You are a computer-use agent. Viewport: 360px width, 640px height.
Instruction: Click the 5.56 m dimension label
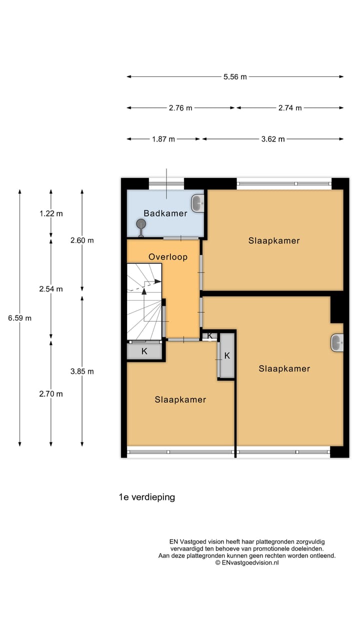(235, 77)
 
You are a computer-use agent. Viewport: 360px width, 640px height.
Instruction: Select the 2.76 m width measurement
(180, 108)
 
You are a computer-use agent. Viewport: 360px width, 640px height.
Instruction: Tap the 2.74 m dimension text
(290, 108)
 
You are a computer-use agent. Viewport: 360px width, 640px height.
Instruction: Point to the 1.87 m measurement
(163, 139)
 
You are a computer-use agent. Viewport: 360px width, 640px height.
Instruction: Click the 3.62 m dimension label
(272, 139)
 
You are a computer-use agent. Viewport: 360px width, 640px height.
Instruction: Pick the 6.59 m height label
(20, 318)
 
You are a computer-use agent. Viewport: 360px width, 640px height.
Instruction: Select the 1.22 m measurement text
(51, 213)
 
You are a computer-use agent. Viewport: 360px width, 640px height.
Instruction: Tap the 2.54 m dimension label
(51, 289)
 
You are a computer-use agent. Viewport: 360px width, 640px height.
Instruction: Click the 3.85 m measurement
(82, 371)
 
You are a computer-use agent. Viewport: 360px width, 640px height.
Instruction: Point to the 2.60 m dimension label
(82, 240)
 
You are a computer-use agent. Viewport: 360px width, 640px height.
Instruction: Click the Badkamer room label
(165, 213)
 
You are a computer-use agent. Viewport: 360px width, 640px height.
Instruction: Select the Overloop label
(168, 257)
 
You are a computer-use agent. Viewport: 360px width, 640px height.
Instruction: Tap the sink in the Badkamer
(197, 203)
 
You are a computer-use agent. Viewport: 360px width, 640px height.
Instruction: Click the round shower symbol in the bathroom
(141, 225)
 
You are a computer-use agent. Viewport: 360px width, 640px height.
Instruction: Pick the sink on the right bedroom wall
(336, 342)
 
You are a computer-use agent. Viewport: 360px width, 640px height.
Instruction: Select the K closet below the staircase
(144, 351)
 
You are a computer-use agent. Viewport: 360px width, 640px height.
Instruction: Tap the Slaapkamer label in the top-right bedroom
(274, 240)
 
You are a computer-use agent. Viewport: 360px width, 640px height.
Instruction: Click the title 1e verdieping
(146, 497)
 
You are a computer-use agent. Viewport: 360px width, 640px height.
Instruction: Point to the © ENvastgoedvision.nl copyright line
(247, 562)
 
